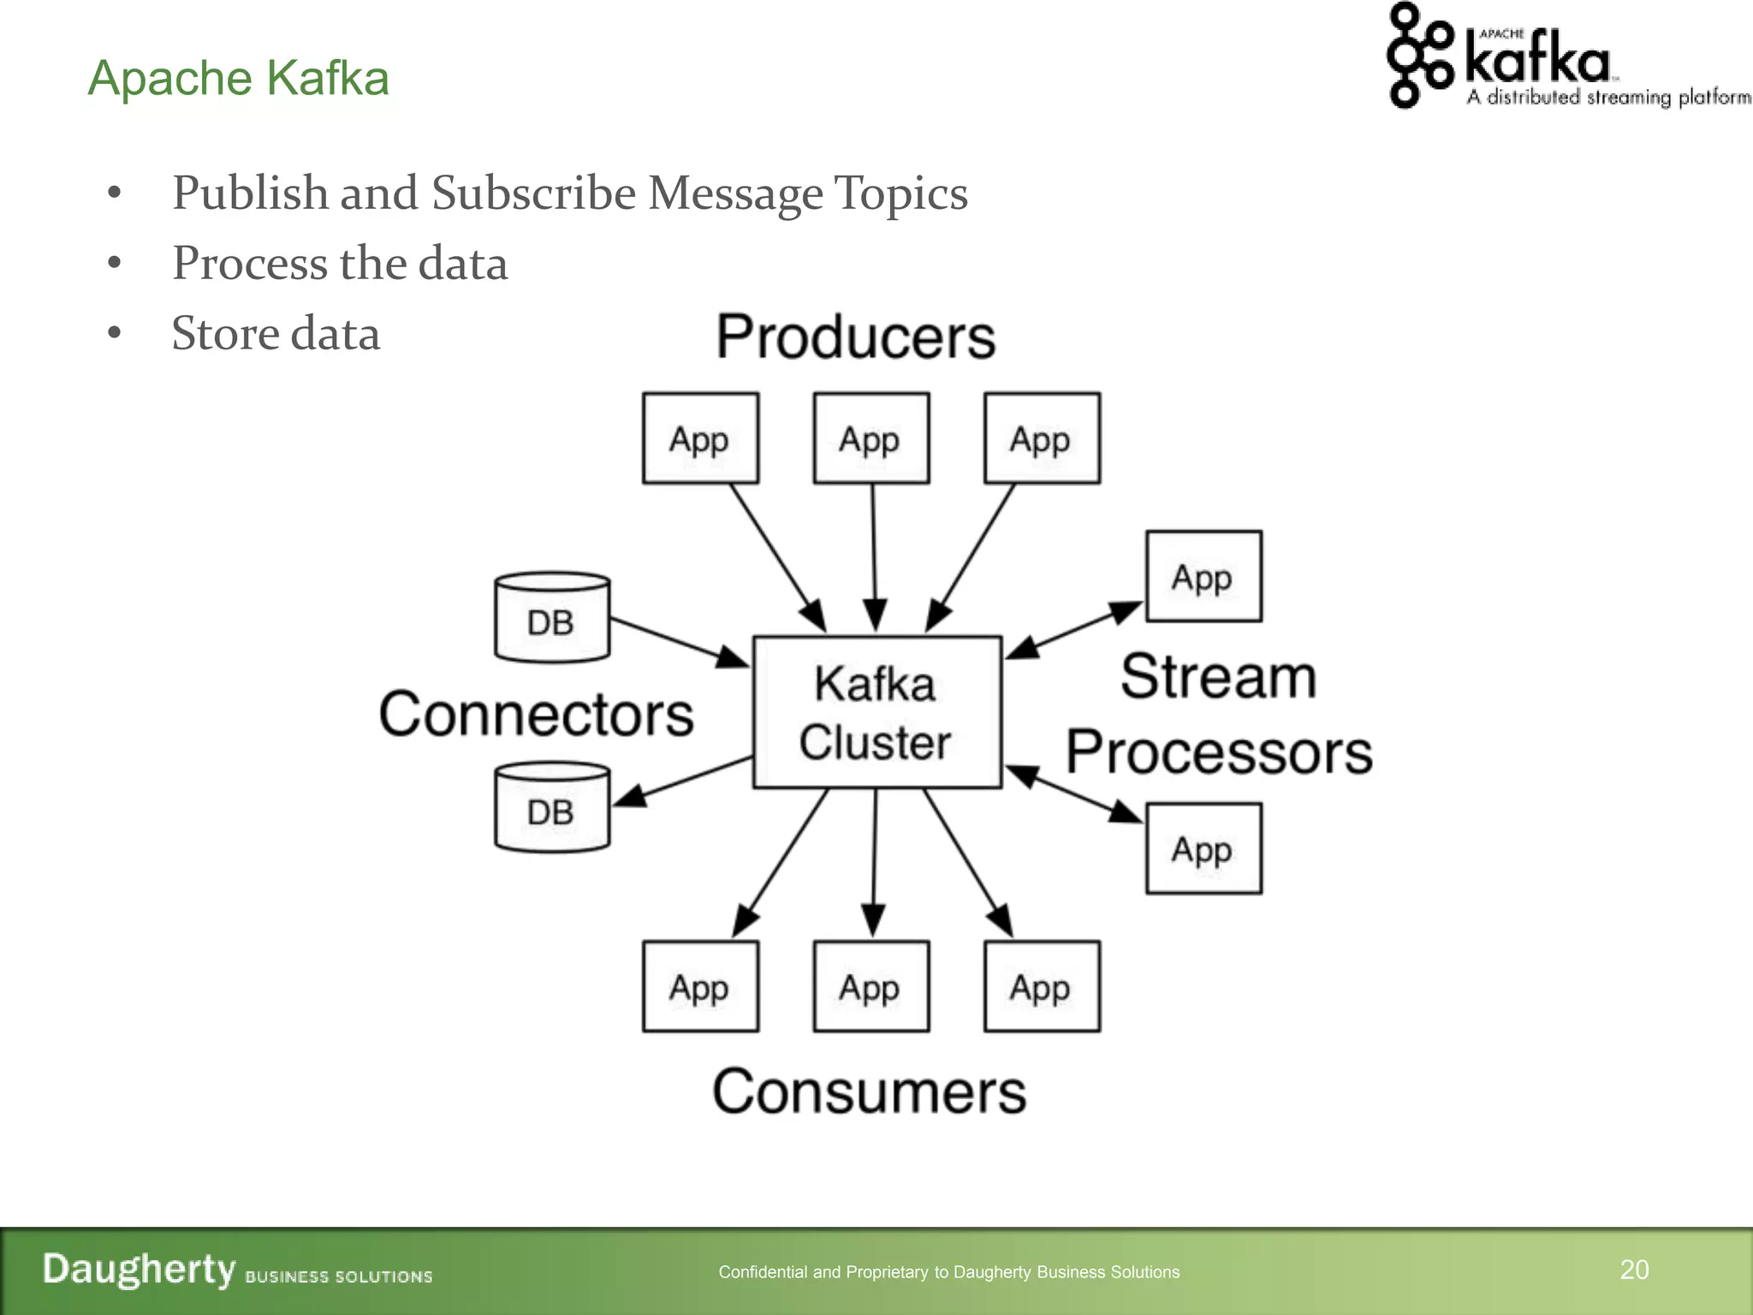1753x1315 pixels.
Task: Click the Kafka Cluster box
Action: coord(876,712)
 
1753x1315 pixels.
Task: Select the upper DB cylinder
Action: coord(552,618)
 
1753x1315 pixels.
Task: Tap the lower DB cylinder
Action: coord(552,807)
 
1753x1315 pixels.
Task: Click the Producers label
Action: coord(856,337)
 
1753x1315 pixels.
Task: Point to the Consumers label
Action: coord(869,1092)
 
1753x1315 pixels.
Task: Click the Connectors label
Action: coord(537,715)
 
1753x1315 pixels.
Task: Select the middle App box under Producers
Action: coord(871,438)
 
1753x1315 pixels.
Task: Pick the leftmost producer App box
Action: coord(700,438)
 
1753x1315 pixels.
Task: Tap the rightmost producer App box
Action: coord(1042,438)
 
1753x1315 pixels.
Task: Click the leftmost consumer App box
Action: coord(700,986)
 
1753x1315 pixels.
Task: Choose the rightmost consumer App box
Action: coord(1042,986)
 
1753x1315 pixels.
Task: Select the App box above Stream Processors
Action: coord(1203,576)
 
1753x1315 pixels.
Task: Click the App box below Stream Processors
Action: coord(1203,848)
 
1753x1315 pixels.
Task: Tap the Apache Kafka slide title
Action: coord(239,78)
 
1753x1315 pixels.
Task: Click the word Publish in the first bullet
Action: coord(250,193)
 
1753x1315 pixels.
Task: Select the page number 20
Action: coord(1634,1270)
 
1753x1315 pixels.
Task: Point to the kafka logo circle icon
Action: coord(1418,56)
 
